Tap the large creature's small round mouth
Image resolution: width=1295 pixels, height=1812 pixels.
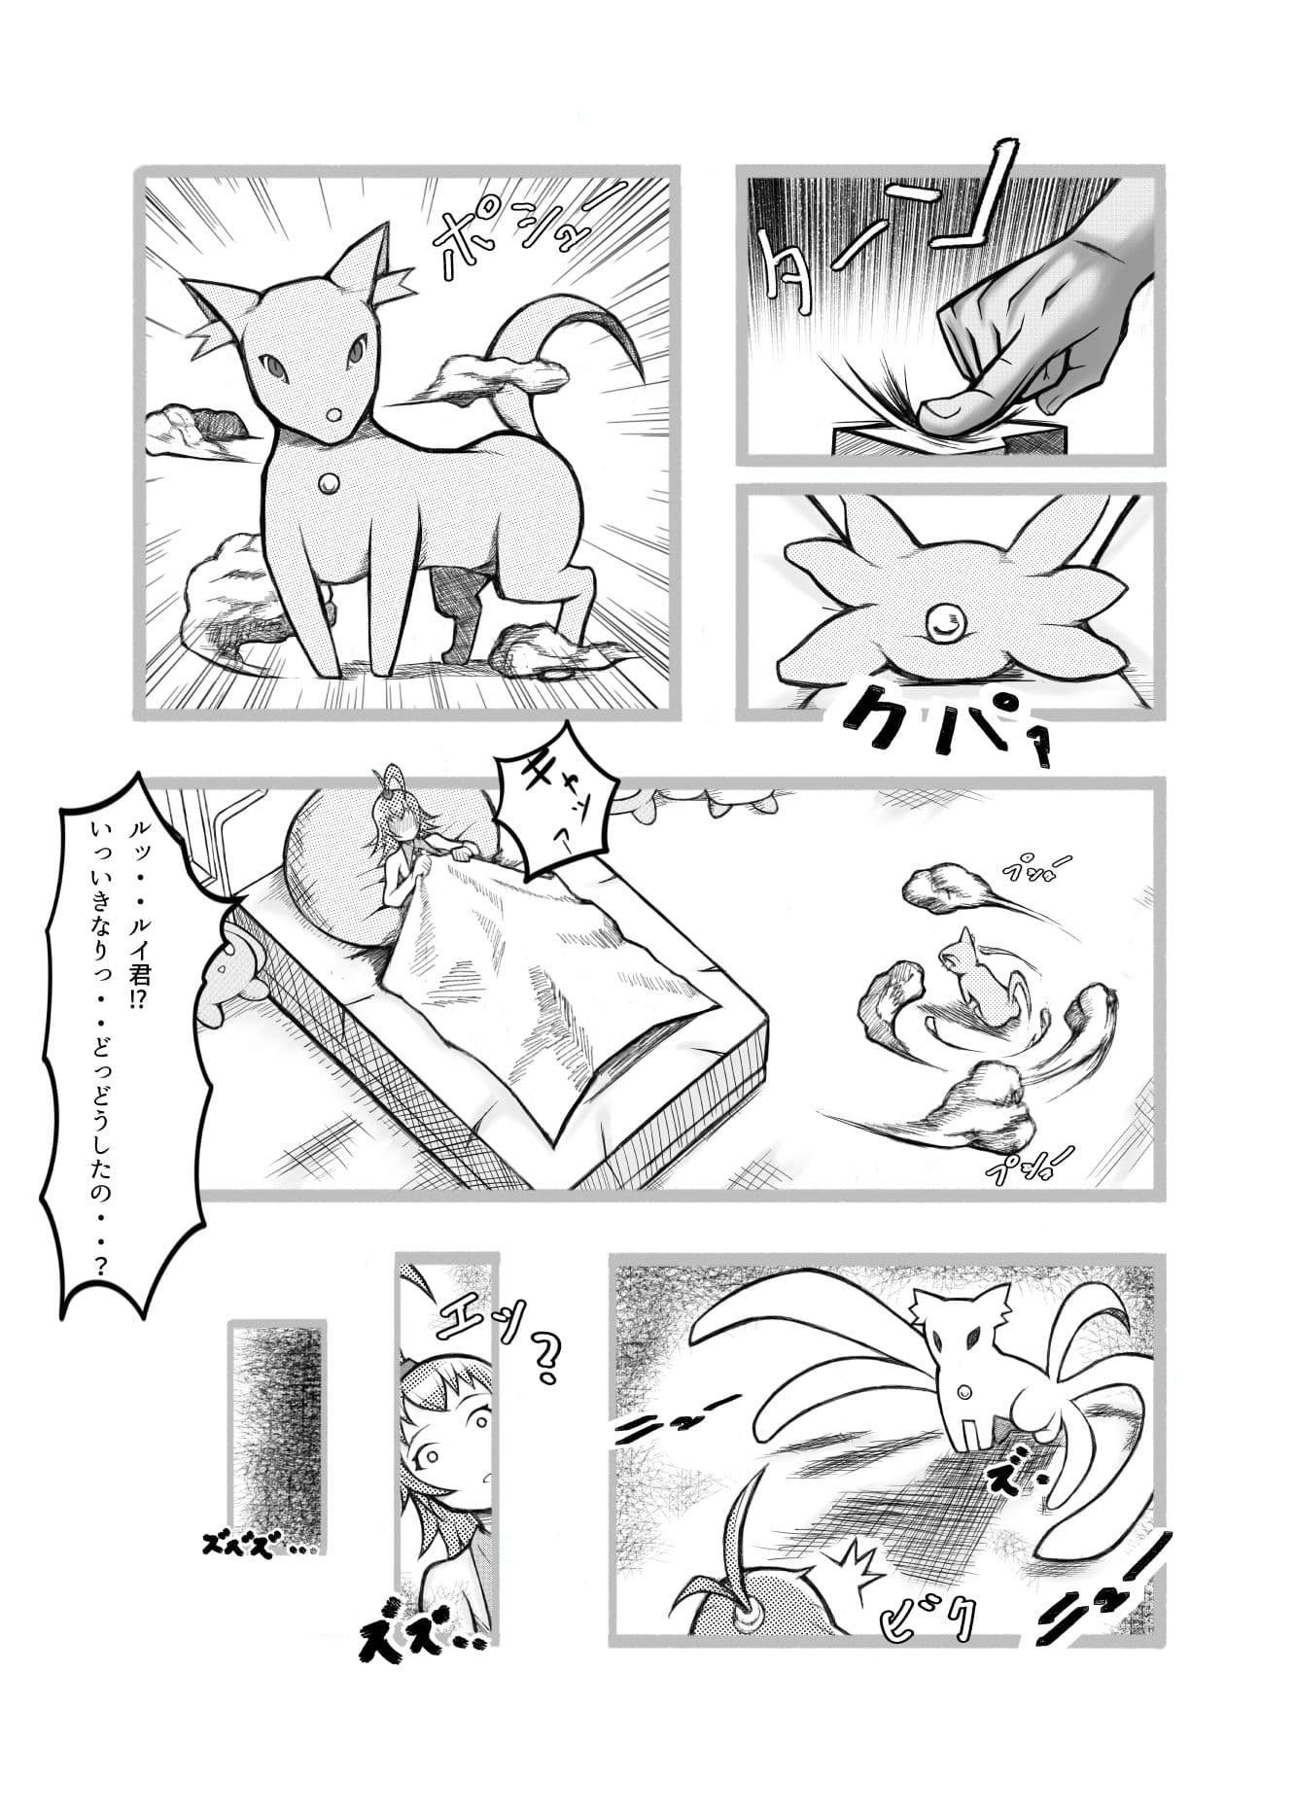[332, 414]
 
